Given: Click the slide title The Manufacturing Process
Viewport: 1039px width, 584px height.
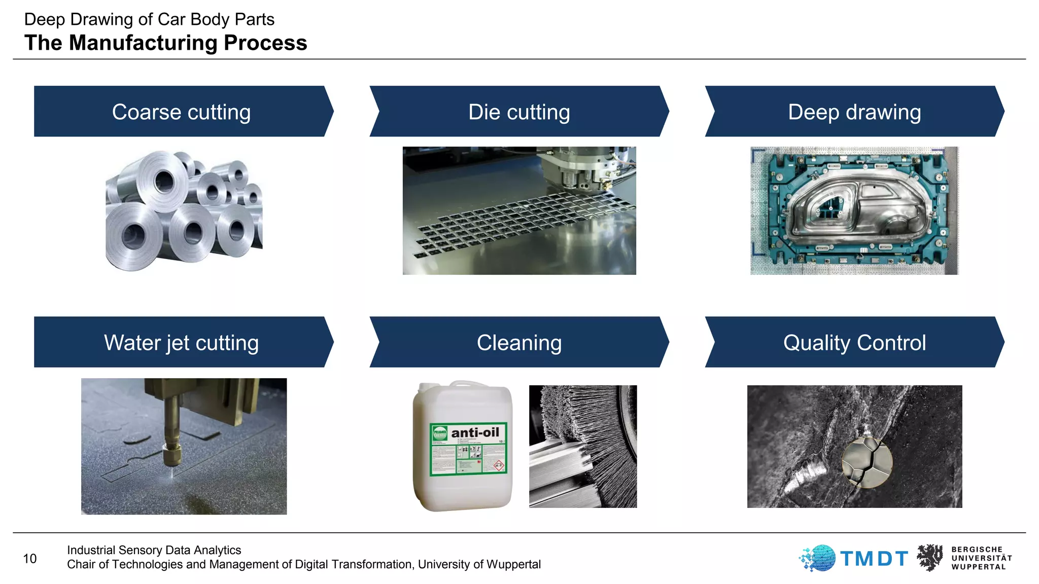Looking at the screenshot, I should tap(165, 43).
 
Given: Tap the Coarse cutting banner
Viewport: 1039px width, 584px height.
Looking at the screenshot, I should tap(182, 112).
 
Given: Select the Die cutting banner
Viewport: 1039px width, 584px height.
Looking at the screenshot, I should tap(519, 112).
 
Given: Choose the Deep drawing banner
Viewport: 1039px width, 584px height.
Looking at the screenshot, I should tap(854, 112).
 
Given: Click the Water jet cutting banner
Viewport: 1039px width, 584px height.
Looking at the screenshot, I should tap(182, 343).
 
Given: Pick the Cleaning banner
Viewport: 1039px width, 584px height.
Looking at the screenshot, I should tap(519, 343).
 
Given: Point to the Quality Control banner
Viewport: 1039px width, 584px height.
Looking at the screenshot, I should tap(854, 343).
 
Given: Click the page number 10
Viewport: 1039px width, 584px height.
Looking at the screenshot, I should tap(29, 559).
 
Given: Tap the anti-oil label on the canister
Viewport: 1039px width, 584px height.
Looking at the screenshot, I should tap(475, 432).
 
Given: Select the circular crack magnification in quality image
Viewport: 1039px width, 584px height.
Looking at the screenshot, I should tap(867, 462).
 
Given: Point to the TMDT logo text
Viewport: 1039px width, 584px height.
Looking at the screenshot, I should tap(874, 559).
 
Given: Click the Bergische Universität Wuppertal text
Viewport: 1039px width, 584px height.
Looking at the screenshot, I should tap(981, 558).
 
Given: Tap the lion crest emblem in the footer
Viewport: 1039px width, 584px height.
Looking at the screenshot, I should tap(930, 558).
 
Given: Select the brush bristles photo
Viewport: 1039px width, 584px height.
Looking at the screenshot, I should tap(583, 446).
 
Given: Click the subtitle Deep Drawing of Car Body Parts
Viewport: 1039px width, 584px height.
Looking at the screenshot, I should tap(149, 19).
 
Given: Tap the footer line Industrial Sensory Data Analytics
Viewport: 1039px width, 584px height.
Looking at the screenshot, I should tap(154, 550).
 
